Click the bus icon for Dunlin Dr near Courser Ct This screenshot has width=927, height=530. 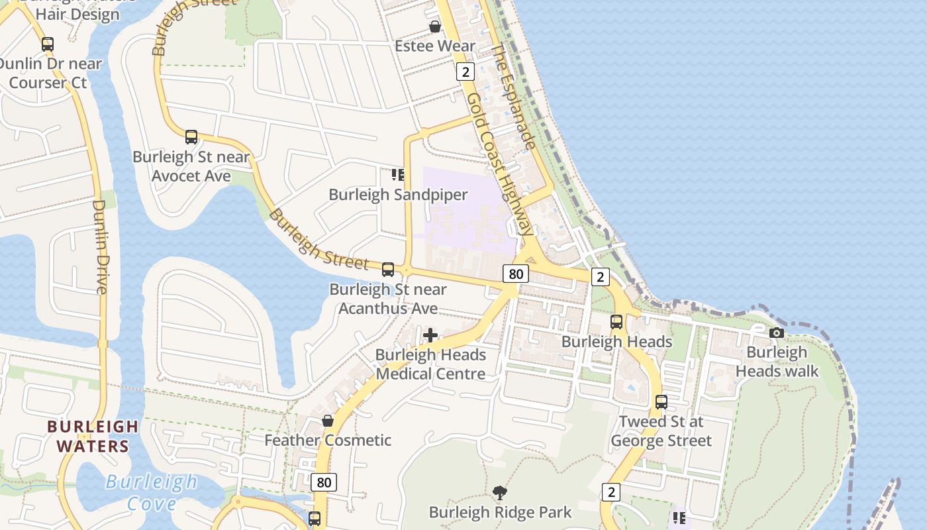point(48,44)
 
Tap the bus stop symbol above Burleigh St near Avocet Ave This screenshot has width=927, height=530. point(191,137)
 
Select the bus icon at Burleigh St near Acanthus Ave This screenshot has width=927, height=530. point(388,270)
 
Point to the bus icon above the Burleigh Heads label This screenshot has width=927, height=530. point(616,322)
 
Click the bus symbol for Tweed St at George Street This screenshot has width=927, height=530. point(661,401)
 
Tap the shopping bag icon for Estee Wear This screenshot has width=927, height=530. point(435,26)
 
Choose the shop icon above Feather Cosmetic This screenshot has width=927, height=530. point(327,421)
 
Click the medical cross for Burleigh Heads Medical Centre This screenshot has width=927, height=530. point(430,335)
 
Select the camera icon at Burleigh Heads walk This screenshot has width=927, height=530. point(777,333)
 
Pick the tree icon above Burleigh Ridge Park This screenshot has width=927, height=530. point(500,493)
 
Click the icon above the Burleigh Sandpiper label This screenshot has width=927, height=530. point(398,175)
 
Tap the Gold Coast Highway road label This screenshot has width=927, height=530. point(499,164)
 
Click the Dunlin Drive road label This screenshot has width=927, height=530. point(100,246)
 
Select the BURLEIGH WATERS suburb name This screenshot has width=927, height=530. point(93,436)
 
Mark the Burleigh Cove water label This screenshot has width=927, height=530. point(152,492)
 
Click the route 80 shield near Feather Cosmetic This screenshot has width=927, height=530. point(324,482)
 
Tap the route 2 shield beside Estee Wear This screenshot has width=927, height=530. point(465,72)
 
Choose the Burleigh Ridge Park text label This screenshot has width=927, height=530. point(500,512)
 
